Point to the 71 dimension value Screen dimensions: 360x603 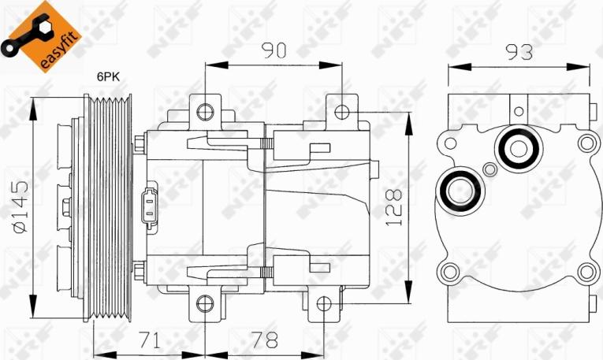click(x=150, y=340)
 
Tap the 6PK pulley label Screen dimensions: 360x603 click(x=109, y=77)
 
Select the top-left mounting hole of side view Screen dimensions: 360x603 click(x=206, y=109)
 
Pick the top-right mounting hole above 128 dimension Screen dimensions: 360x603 click(x=339, y=109)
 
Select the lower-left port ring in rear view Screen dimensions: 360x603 click(x=456, y=191)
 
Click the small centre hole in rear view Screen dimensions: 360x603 click(x=490, y=169)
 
